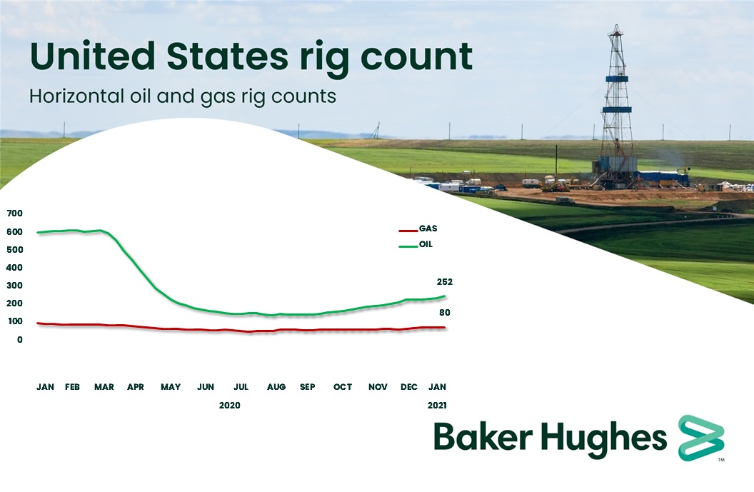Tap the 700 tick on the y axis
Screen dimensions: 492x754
pos(15,214)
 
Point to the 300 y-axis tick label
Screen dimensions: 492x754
pos(15,286)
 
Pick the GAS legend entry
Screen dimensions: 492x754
pos(428,229)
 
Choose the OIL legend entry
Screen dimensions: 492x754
pos(426,245)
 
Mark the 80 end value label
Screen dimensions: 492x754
pos(445,313)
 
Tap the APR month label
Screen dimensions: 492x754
pos(135,387)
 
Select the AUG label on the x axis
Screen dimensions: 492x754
pos(276,387)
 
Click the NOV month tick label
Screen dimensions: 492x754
pos(378,387)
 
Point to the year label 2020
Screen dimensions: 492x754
pos(230,405)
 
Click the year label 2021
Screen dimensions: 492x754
pos(438,405)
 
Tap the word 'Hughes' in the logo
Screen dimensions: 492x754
pos(607,437)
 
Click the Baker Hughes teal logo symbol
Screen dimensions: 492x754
pos(700,436)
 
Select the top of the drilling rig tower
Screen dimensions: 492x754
pos(615,30)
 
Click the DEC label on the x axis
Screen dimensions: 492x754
pos(409,387)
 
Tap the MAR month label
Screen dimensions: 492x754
pos(104,387)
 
